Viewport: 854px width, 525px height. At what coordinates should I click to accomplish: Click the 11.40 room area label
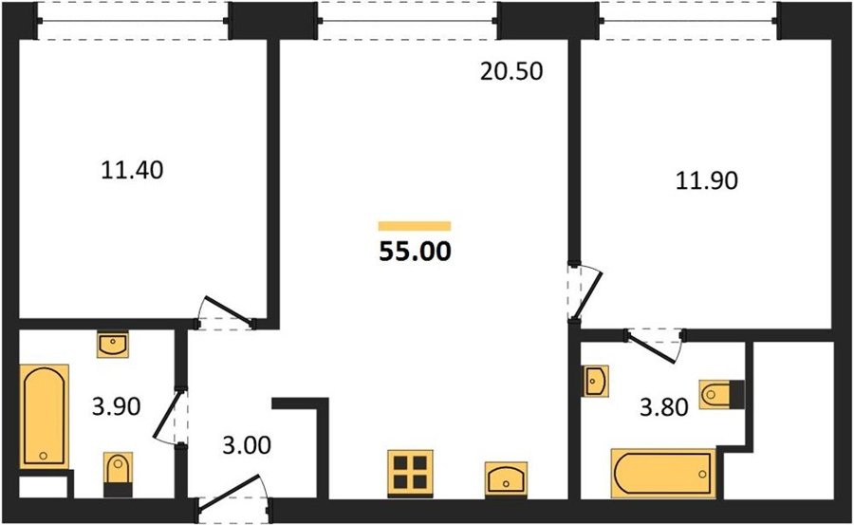pyautogui.click(x=132, y=171)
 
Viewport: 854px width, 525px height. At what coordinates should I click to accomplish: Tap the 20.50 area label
pyautogui.click(x=511, y=71)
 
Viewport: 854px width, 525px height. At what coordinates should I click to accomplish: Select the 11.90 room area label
pyautogui.click(x=707, y=180)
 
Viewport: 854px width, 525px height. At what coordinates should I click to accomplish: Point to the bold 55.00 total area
pyautogui.click(x=415, y=252)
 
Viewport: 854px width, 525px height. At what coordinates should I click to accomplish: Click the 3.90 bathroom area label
pyautogui.click(x=116, y=406)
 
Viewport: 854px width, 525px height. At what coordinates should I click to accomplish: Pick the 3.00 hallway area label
pyautogui.click(x=247, y=445)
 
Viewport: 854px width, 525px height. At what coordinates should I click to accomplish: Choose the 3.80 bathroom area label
pyautogui.click(x=664, y=406)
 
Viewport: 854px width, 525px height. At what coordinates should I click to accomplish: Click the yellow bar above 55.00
pyautogui.click(x=415, y=226)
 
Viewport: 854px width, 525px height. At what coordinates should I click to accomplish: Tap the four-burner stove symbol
pyautogui.click(x=411, y=473)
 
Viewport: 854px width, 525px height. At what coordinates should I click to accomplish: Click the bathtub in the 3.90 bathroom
pyautogui.click(x=45, y=417)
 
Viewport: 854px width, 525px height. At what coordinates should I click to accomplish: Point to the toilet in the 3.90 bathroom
pyautogui.click(x=118, y=474)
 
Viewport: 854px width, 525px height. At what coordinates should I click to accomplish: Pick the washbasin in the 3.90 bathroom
pyautogui.click(x=113, y=345)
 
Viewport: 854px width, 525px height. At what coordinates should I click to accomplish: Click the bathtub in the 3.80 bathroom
pyautogui.click(x=663, y=473)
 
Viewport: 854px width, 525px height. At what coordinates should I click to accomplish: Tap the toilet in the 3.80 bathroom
pyautogui.click(x=722, y=394)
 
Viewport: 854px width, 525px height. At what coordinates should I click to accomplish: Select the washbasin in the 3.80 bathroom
pyautogui.click(x=595, y=381)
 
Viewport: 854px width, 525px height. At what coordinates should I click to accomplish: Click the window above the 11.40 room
pyautogui.click(x=134, y=21)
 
